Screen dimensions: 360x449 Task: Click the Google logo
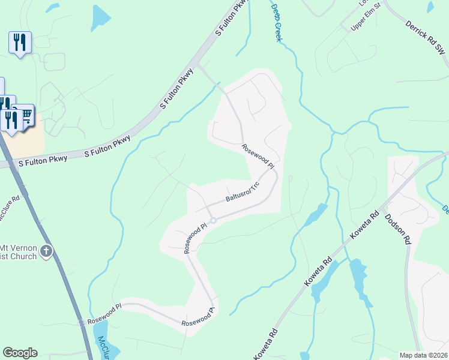pyautogui.click(x=20, y=353)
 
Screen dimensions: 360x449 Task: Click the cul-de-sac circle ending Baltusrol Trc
pyautogui.click(x=212, y=220)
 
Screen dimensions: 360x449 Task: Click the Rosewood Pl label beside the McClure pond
pyautogui.click(x=104, y=313)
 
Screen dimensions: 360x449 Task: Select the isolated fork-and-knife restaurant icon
pyautogui.click(x=20, y=42)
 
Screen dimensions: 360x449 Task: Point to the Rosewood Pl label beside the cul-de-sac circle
pyautogui.click(x=195, y=238)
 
